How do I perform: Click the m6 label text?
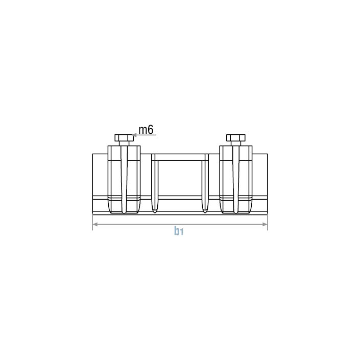pos(146,130)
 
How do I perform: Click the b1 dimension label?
pos(178,231)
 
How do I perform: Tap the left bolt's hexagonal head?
pos(124,137)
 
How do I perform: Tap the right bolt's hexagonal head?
pos(235,137)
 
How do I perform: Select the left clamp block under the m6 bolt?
pos(124,179)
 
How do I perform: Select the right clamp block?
pos(235,179)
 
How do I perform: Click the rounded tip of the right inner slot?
pos(205,210)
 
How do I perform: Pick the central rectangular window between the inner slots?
pos(180,176)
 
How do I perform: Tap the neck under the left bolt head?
pos(124,143)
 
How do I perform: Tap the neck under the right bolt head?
pos(235,143)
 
